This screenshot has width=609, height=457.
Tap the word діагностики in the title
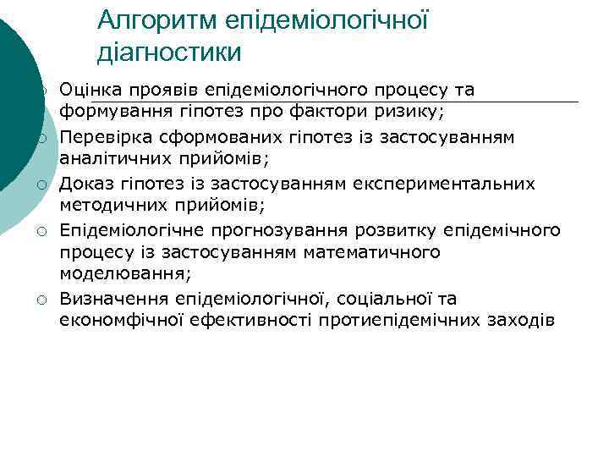coord(169,52)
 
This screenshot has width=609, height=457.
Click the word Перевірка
coord(100,137)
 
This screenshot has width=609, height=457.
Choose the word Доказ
coord(85,184)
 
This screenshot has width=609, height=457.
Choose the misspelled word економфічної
coord(117,321)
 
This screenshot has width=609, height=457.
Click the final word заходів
coord(523,321)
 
